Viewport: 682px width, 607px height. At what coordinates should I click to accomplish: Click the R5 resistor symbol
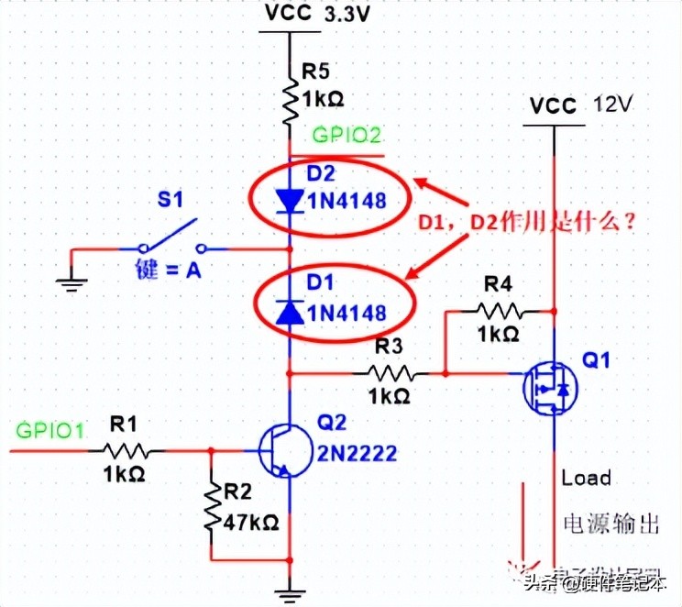point(290,103)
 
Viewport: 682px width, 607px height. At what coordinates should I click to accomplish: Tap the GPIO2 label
point(346,136)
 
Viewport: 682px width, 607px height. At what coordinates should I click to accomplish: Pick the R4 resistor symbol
point(499,311)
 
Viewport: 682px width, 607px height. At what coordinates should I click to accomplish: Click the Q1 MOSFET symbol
point(550,389)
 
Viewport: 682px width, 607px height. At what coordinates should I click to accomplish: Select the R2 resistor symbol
point(212,499)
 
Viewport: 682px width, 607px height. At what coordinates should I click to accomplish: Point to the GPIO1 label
point(49,427)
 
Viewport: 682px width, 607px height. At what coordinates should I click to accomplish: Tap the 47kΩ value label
point(251,523)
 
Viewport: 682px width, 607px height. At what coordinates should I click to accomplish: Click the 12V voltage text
point(613,105)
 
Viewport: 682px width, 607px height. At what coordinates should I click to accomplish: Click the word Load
point(587,478)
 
